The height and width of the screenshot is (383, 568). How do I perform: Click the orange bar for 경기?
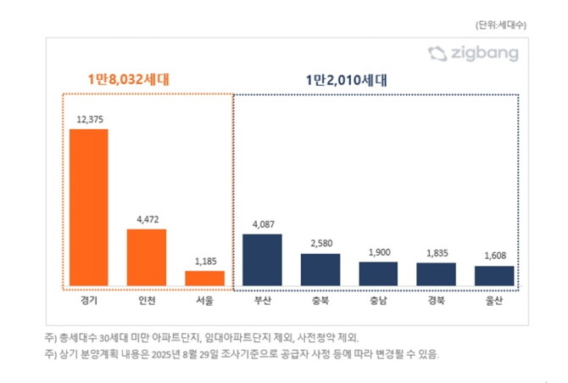tap(88, 208)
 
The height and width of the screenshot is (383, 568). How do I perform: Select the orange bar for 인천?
tap(147, 257)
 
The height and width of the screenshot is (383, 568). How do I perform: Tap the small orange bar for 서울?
tap(204, 279)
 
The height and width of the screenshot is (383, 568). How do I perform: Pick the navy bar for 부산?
tap(262, 260)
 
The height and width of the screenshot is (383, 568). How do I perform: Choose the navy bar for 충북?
tap(320, 270)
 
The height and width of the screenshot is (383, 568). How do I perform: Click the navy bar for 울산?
tap(493, 276)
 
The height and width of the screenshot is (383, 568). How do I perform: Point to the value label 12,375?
tap(88, 120)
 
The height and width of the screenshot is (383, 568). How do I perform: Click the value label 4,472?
tap(147, 219)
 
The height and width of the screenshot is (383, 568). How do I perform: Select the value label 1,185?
tap(204, 261)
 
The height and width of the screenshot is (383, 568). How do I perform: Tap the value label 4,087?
tap(262, 224)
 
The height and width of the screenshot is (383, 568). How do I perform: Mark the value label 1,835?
tap(436, 253)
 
